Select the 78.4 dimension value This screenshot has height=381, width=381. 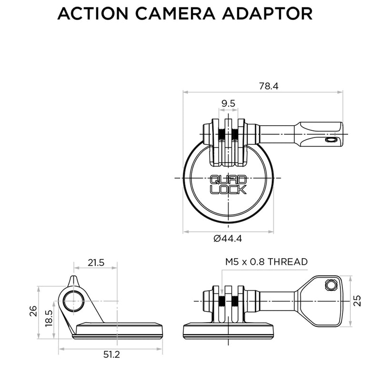(x=269, y=86)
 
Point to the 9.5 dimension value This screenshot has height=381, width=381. (x=228, y=103)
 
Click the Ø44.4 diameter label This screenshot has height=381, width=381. (x=228, y=239)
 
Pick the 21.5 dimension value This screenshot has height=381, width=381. (x=95, y=262)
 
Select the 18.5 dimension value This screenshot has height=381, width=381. (x=48, y=317)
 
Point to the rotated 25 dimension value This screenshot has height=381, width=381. (x=358, y=301)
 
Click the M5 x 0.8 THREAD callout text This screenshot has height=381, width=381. (x=266, y=261)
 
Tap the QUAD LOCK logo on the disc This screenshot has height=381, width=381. (x=228, y=185)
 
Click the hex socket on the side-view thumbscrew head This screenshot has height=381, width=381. (x=331, y=285)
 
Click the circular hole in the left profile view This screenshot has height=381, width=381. (x=74, y=301)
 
